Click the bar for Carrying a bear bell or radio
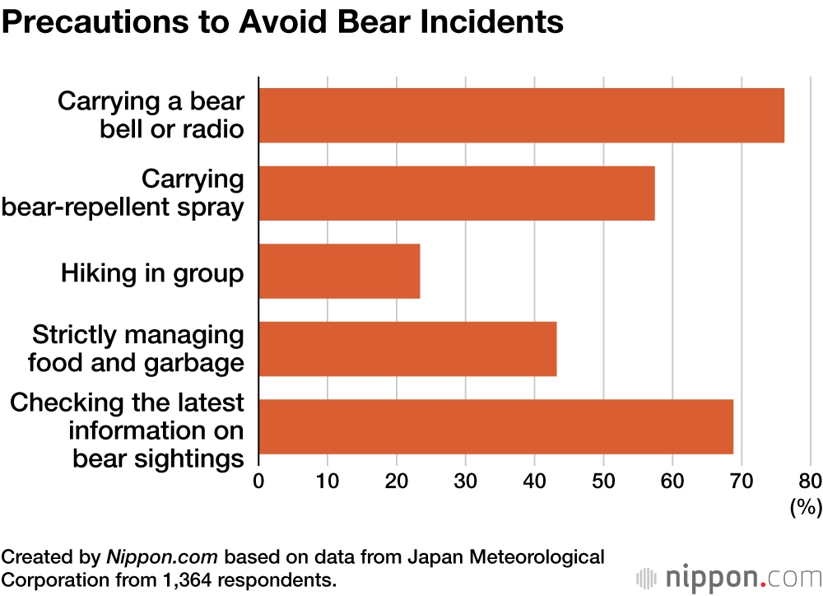pyautogui.click(x=521, y=115)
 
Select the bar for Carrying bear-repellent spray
pyautogui.click(x=457, y=193)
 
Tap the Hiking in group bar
pyautogui.click(x=339, y=271)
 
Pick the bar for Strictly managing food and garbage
pyautogui.click(x=407, y=349)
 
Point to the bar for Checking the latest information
pyautogui.click(x=495, y=426)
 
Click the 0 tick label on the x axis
pyautogui.click(x=259, y=481)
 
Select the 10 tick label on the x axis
pyautogui.click(x=328, y=481)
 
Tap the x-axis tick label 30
pyautogui.click(x=466, y=481)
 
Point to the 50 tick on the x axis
pyautogui.click(x=603, y=481)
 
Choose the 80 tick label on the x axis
pyautogui.click(x=810, y=481)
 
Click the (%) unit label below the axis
pyautogui.click(x=806, y=508)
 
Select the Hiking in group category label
pyautogui.click(x=152, y=272)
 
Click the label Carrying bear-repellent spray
pyautogui.click(x=123, y=193)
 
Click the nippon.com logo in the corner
pyautogui.click(x=725, y=577)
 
